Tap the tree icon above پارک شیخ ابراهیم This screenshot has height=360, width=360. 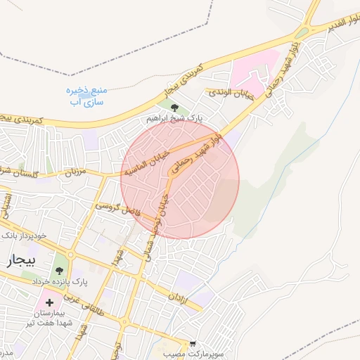[175, 107]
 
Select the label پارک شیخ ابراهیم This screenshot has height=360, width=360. [174, 119]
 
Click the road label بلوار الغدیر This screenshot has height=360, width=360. [340, 26]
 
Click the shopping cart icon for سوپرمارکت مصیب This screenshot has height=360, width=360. [193, 344]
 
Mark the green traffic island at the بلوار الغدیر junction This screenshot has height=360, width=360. [302, 33]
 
